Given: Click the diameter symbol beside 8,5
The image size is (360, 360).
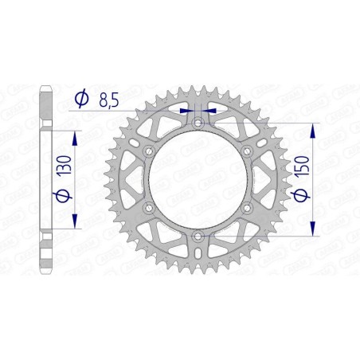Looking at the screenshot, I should point(80,99).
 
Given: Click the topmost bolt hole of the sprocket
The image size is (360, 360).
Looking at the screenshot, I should point(198,122).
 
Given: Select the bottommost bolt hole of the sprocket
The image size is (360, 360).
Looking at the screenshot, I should point(198,237).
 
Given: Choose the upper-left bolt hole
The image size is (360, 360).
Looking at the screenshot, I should point(148,151).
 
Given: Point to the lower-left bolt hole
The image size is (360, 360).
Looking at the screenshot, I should point(148,208).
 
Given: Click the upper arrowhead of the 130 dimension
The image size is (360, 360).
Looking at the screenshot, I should point(76,128).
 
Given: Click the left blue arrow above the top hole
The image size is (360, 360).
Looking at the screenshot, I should point(186,111).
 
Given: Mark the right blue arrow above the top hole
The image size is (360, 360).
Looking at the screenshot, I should point(209,111).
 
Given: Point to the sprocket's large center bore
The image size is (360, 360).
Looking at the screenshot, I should point(198,179).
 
